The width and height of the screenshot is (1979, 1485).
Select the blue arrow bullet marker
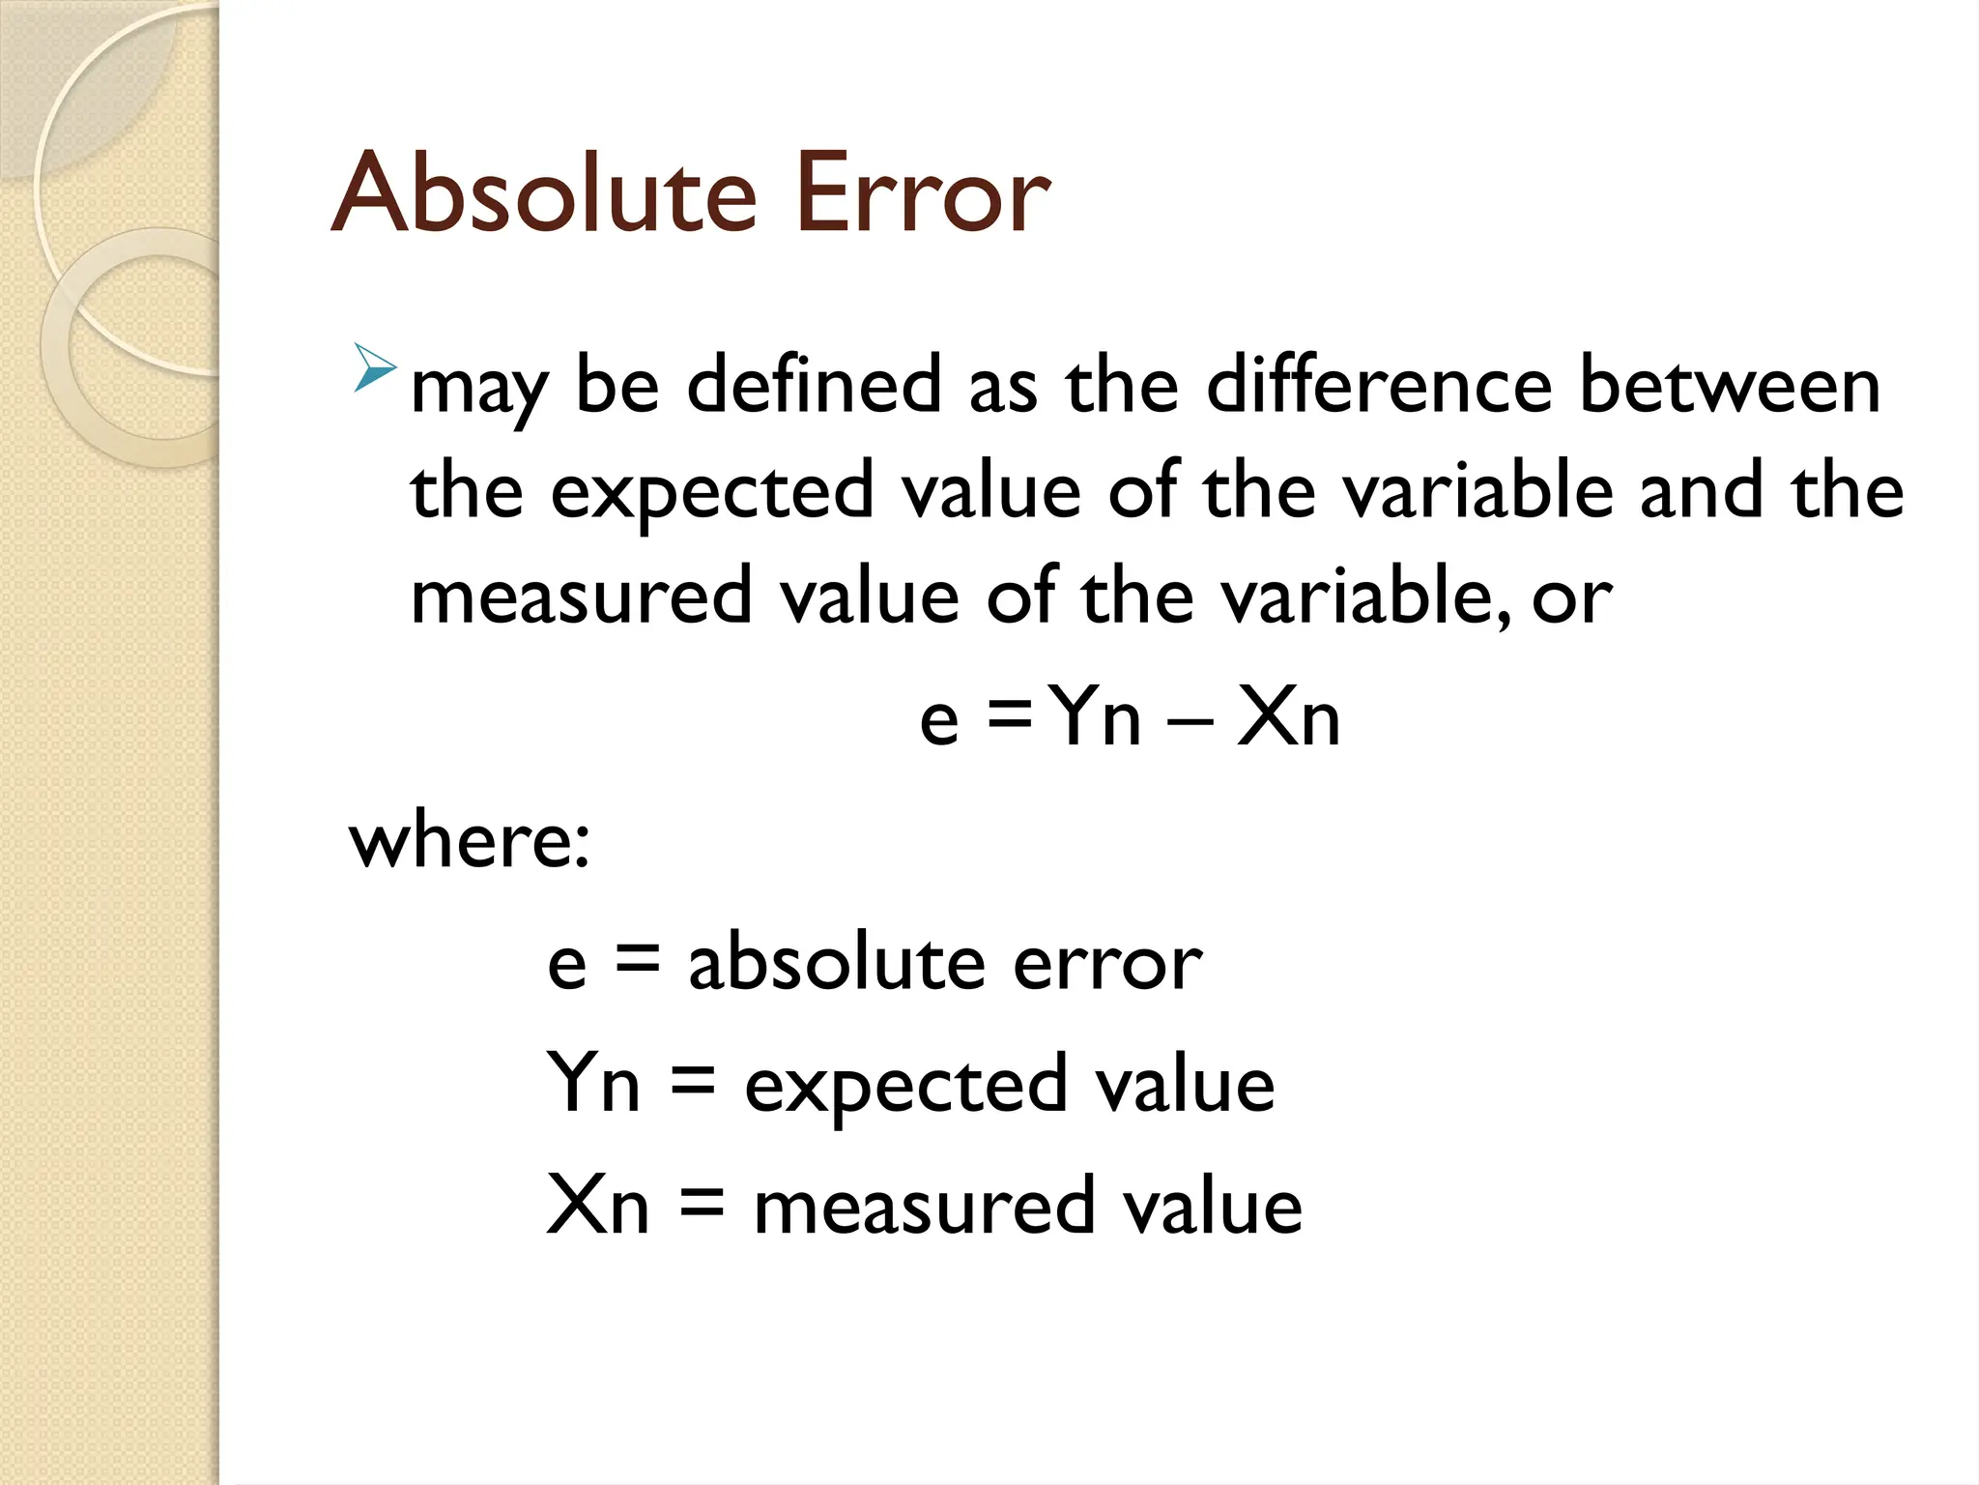click(374, 368)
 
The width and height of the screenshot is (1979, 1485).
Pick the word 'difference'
click(1380, 385)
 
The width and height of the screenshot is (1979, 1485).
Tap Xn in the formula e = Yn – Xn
click(1288, 718)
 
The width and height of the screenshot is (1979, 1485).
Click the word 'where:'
click(470, 841)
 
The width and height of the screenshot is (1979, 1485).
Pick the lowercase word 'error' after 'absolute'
click(1107, 965)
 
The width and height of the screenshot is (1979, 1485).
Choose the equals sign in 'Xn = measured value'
click(702, 1207)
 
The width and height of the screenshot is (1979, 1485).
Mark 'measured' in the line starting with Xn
click(924, 1207)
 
